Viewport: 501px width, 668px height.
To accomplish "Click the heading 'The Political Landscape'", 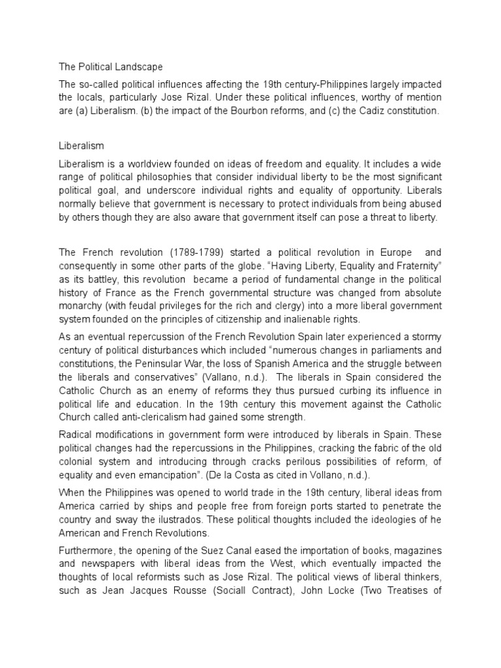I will (x=110, y=67).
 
